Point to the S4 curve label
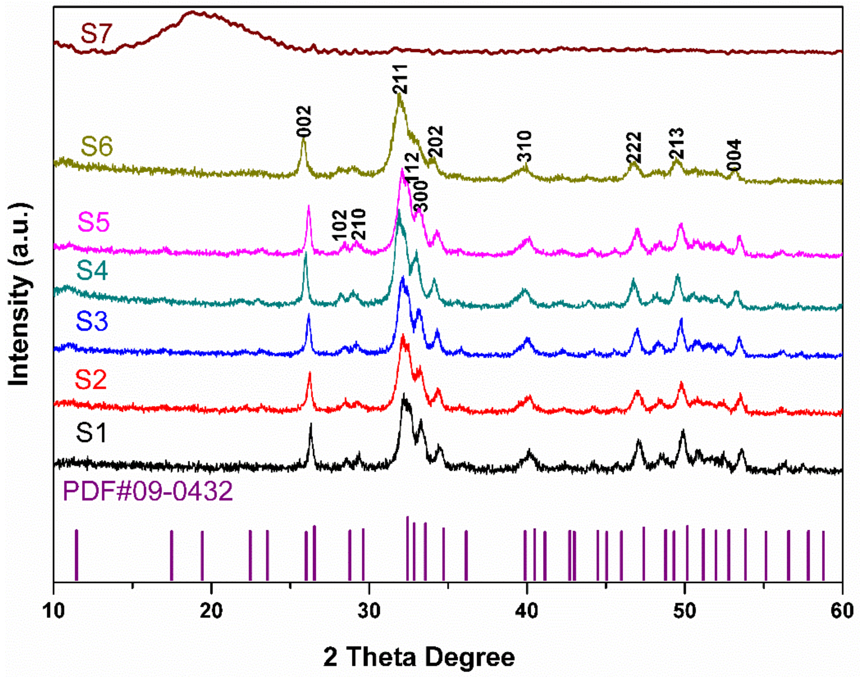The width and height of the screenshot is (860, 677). [x=92, y=271]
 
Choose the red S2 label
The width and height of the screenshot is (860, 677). [x=91, y=380]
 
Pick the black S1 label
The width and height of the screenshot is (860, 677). [x=92, y=433]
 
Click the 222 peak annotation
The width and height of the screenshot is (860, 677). [x=634, y=147]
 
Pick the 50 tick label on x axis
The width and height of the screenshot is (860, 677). [x=684, y=611]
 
